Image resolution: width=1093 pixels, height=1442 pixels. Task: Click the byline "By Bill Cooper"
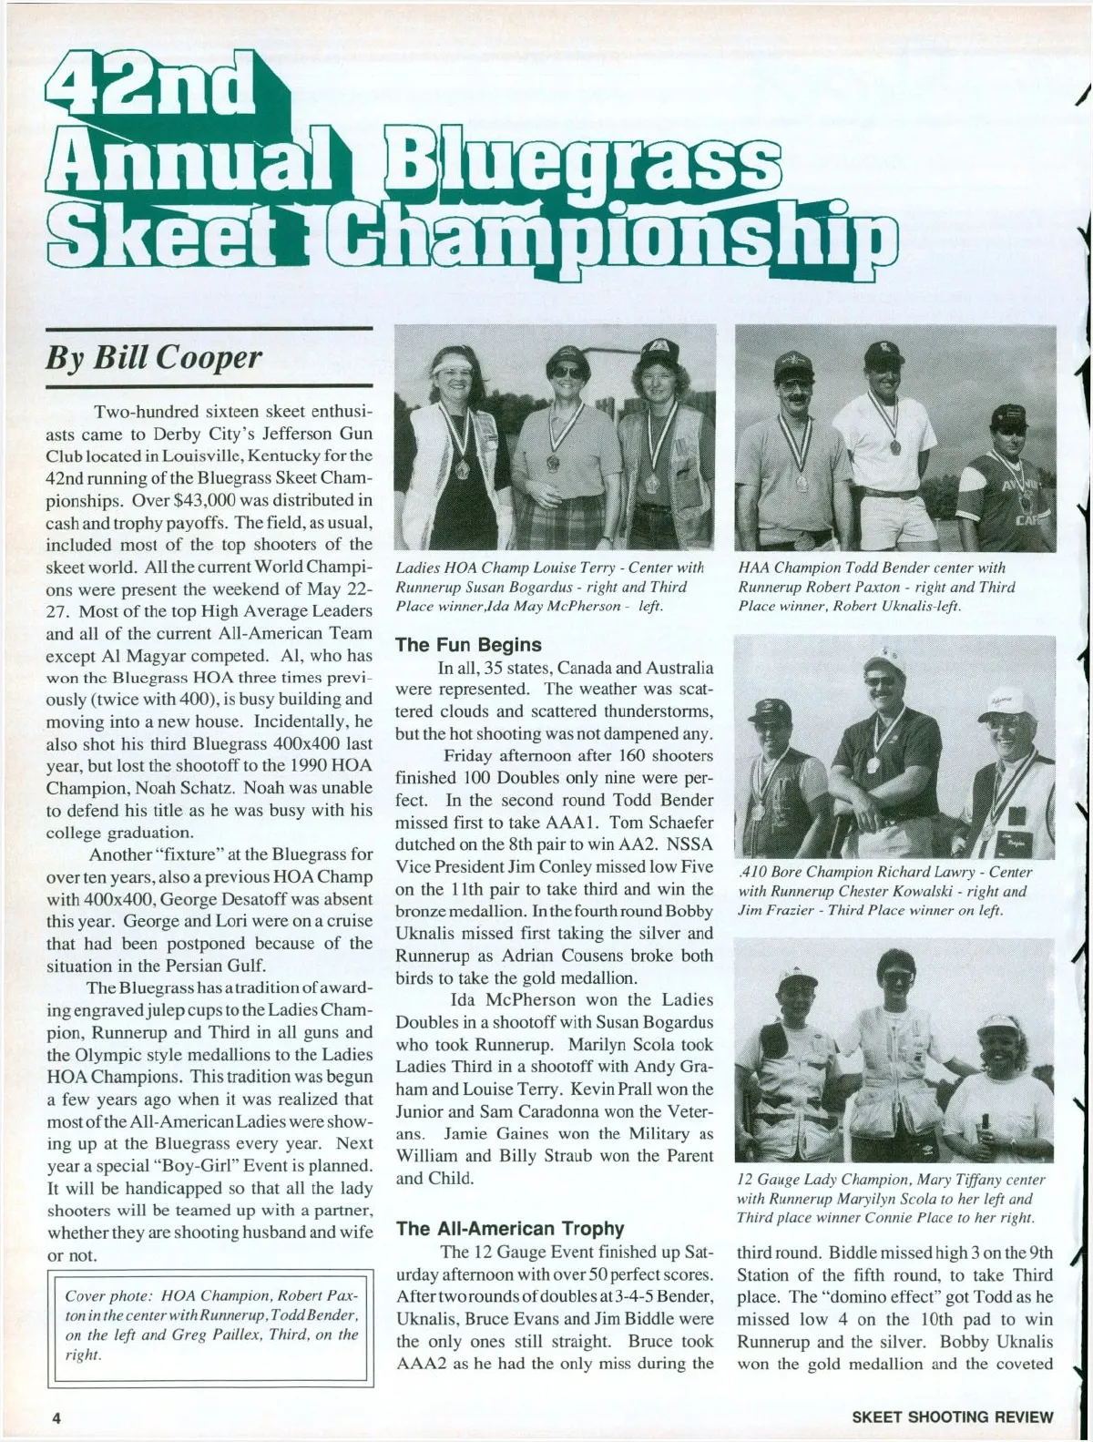pyautogui.click(x=153, y=357)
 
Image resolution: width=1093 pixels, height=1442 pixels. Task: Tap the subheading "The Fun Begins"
pyautogui.click(x=468, y=645)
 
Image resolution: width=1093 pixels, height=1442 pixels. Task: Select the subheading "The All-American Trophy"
pyautogui.click(x=509, y=1229)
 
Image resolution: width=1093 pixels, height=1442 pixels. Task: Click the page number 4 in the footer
pyautogui.click(x=56, y=1416)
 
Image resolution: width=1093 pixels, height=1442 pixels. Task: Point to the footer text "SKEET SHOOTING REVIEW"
pyautogui.click(x=952, y=1416)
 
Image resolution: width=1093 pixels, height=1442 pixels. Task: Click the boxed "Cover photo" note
pyautogui.click(x=210, y=1324)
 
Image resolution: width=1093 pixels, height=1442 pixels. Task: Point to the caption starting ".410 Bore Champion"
pyautogui.click(x=884, y=891)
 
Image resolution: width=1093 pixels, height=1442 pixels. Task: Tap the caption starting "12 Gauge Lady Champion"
pyautogui.click(x=888, y=1198)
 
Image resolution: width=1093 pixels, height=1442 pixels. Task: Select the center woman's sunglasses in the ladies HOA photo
pyautogui.click(x=569, y=372)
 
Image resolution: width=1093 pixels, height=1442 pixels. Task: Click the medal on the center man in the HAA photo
pyautogui.click(x=894, y=446)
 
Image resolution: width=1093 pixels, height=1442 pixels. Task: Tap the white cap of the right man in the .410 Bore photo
pyautogui.click(x=1003, y=702)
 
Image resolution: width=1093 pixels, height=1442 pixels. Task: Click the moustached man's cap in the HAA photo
pyautogui.click(x=792, y=366)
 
